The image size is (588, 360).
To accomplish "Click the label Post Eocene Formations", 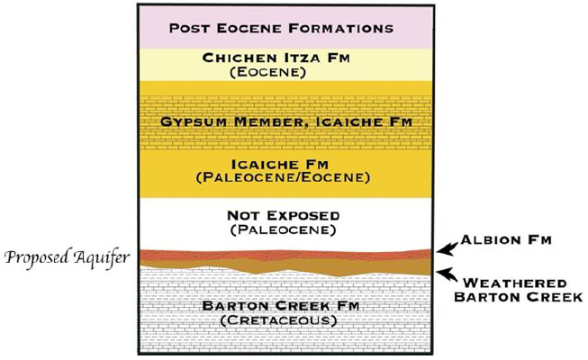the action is (282, 27).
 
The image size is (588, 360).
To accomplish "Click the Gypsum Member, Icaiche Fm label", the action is (282, 121).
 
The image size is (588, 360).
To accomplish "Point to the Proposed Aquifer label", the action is (68, 259).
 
